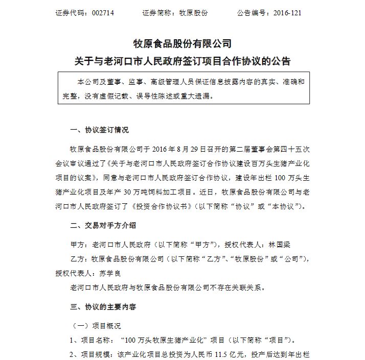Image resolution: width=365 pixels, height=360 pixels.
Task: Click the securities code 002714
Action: click(101, 13)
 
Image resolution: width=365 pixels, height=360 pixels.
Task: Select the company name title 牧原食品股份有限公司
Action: click(182, 44)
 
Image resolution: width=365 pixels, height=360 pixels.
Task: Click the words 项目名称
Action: click(95, 340)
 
